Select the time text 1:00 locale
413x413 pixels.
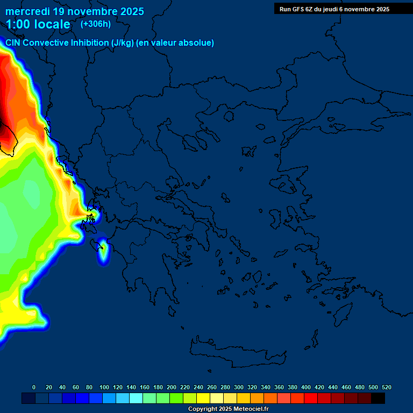pyautogui.click(x=38, y=25)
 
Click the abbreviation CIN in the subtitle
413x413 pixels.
pyautogui.click(x=14, y=43)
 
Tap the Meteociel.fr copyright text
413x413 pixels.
pyautogui.click(x=228, y=409)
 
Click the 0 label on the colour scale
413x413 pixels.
pyautogui.click(x=34, y=387)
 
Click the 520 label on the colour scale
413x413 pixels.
pyautogui.click(x=386, y=387)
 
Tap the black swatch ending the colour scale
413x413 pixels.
pyautogui.click(x=378, y=398)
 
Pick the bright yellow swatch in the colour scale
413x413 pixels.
pyautogui.click(x=203, y=398)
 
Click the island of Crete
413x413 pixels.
pyautogui.click(x=237, y=352)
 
